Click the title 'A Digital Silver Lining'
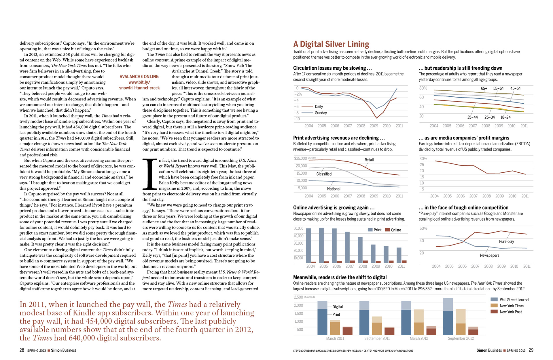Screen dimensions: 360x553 331,44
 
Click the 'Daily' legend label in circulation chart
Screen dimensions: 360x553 319,106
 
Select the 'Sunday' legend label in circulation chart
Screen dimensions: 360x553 321,113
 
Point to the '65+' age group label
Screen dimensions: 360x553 484,88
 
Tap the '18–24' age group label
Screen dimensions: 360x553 505,117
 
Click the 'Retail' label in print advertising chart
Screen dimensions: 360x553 369,160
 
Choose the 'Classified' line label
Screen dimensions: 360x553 324,174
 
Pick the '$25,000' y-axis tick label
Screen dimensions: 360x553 300,158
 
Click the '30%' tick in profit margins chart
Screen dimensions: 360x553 423,159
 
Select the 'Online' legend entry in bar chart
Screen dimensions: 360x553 396,230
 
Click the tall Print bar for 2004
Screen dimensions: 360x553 308,245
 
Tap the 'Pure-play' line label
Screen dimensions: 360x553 506,241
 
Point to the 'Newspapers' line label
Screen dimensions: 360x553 489,255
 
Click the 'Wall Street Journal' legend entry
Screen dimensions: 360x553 514,300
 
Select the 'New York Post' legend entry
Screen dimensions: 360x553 511,312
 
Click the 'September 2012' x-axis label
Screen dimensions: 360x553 461,338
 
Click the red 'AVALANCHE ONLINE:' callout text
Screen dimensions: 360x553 139,77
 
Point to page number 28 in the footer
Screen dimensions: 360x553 22,350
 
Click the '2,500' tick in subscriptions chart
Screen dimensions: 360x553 298,297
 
